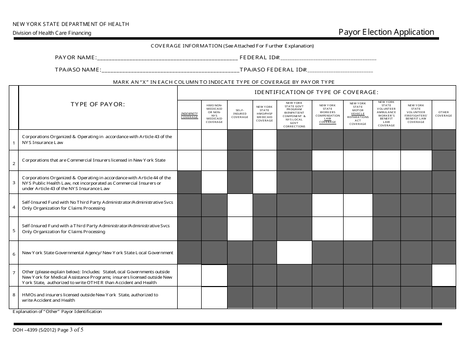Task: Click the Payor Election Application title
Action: [386, 32]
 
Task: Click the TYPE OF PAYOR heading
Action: [97, 104]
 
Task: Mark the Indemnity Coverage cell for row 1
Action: [189, 140]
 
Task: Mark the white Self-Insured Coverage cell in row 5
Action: [240, 229]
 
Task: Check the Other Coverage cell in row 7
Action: [443, 275]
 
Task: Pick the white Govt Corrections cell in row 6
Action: [294, 253]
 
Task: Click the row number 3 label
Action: [14, 183]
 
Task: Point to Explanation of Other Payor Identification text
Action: [57, 312]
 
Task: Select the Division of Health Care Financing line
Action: [52, 33]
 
